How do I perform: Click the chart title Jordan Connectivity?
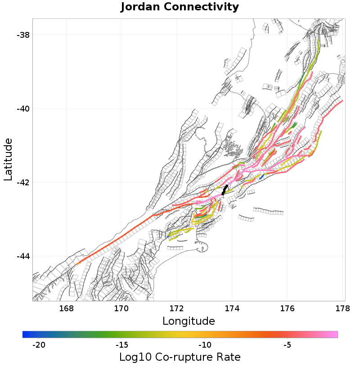click(180, 7)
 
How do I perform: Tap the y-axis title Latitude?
click(8, 160)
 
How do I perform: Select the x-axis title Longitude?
click(189, 321)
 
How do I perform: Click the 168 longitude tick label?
click(66, 309)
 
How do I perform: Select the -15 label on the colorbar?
click(122, 345)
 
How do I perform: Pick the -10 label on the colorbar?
click(205, 345)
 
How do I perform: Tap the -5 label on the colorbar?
click(288, 345)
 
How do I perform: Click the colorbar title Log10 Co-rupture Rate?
click(180, 358)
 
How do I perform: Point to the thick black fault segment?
click(225, 189)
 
